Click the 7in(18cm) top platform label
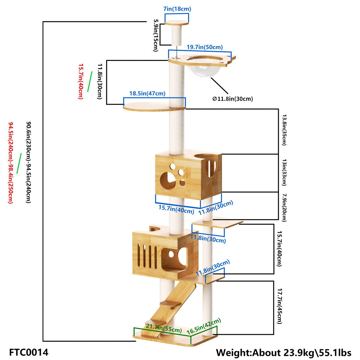click(177, 9)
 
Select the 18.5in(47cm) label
click(147, 94)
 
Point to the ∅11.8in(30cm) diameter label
click(232, 99)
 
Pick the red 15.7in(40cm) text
click(80, 81)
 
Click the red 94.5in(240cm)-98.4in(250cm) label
click(10, 162)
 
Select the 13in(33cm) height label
click(284, 173)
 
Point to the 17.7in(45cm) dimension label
click(279, 306)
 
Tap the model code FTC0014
click(29, 352)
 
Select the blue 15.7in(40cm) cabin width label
click(176, 209)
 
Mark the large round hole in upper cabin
click(168, 181)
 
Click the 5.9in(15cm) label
click(155, 35)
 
